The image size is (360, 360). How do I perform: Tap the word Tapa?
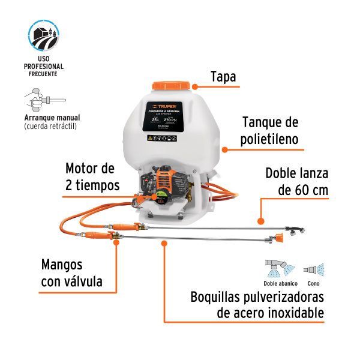coord(223,77)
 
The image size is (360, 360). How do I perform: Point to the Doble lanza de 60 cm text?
coord(296,182)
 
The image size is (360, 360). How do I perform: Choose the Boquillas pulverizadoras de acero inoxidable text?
coord(257,305)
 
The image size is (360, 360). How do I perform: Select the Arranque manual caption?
coord(52,118)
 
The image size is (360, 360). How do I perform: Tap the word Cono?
coord(313,283)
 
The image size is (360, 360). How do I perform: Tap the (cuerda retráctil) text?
coord(51,127)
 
